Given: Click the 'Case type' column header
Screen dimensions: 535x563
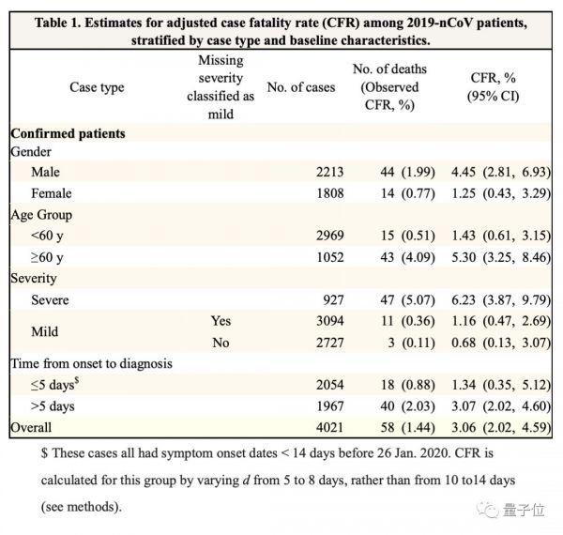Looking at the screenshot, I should (x=97, y=87).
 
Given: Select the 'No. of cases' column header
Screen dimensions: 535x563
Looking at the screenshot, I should (x=300, y=87).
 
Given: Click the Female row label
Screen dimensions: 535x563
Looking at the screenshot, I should (x=53, y=192).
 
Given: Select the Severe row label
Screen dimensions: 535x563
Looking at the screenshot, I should (x=52, y=300).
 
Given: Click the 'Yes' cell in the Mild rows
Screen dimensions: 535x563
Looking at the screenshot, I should (x=221, y=321).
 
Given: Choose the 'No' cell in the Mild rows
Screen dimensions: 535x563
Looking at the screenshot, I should (x=221, y=343).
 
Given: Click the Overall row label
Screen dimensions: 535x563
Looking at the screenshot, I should (x=35, y=428).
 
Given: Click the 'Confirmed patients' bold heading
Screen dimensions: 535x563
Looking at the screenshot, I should (x=68, y=133).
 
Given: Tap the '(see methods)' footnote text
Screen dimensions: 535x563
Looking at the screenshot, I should (x=83, y=506).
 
